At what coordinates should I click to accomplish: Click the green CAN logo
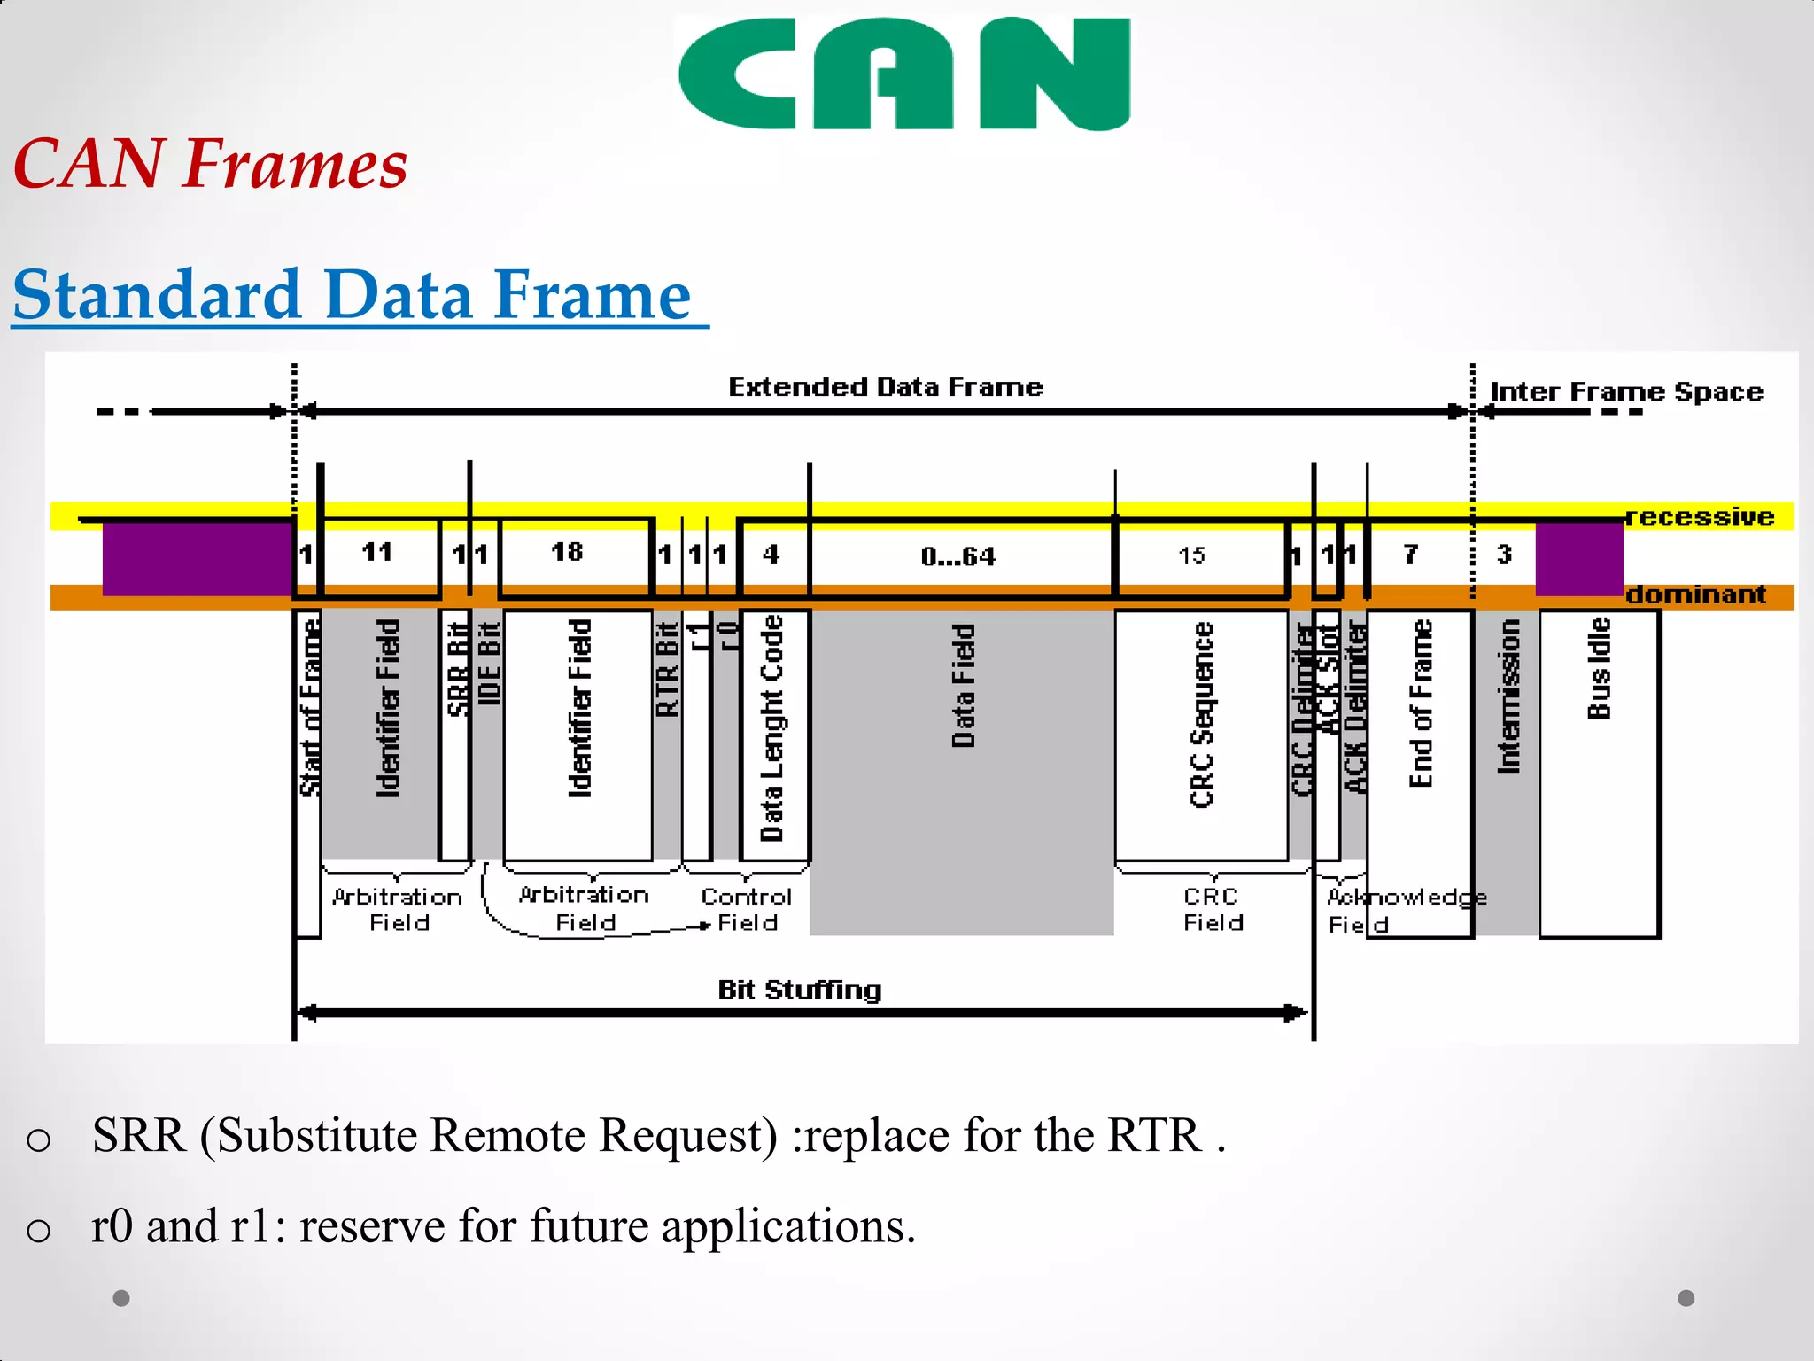(903, 74)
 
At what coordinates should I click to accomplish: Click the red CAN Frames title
(211, 165)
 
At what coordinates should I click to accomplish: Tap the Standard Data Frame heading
(352, 295)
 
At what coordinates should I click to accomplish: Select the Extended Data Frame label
(885, 387)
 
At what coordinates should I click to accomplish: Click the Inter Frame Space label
(1626, 392)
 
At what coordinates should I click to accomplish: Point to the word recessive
(1701, 517)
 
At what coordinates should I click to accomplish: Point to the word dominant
(1695, 595)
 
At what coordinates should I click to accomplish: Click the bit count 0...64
(957, 556)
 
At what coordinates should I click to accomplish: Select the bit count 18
(567, 552)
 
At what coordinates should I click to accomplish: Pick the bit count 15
(1191, 556)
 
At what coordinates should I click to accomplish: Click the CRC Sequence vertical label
(1201, 714)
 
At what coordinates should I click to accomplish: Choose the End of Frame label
(1420, 703)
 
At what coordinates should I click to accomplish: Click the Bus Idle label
(1599, 668)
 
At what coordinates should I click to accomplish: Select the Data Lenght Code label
(772, 727)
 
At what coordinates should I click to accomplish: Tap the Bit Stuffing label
(799, 990)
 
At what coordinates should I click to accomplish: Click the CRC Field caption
(1213, 910)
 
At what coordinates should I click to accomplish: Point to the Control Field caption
(747, 910)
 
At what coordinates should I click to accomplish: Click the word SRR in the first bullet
(139, 1135)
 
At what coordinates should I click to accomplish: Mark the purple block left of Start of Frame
(198, 558)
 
